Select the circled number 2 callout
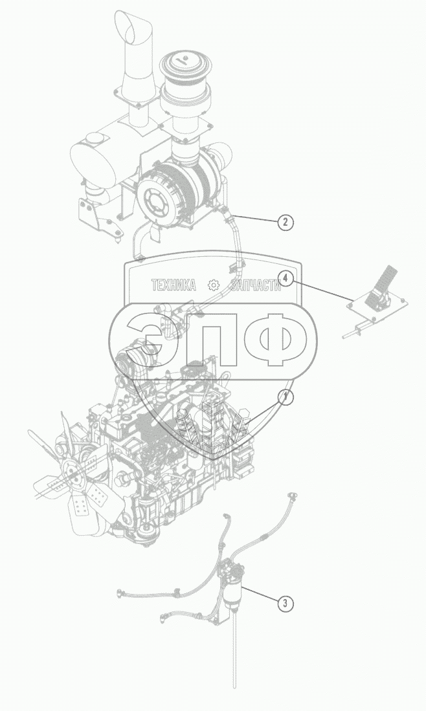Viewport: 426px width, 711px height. point(286,223)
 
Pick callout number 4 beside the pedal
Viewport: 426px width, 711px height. point(286,279)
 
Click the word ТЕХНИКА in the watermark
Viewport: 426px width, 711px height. point(173,286)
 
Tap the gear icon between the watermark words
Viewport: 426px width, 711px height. point(213,286)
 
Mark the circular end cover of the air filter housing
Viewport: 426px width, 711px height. point(157,199)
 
